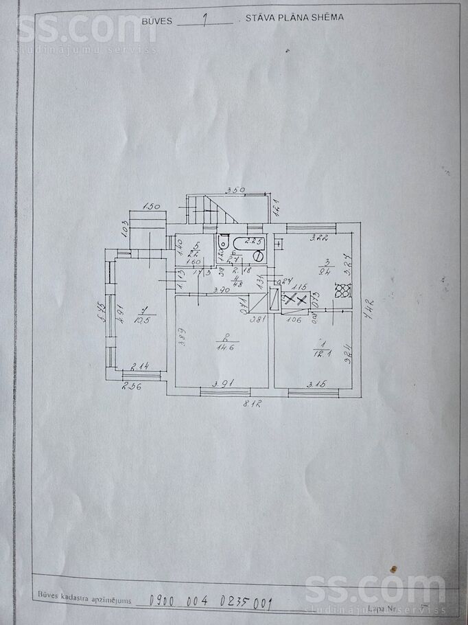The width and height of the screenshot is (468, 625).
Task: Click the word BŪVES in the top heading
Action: click(x=156, y=21)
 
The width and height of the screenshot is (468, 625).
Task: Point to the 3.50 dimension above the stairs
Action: click(x=237, y=190)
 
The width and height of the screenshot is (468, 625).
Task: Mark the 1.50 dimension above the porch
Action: click(x=152, y=207)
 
